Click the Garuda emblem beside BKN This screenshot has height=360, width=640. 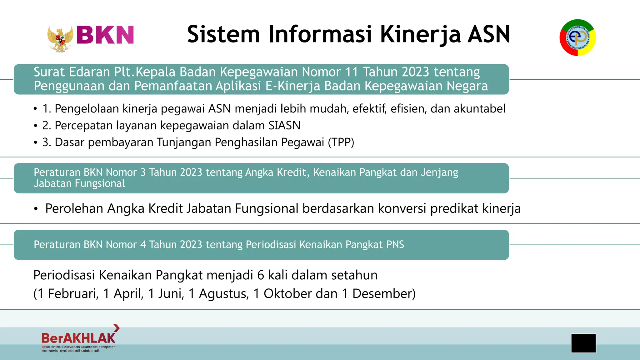(60, 38)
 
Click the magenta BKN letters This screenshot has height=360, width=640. (105, 35)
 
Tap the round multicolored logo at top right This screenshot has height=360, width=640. (577, 37)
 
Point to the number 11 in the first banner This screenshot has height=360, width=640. (351, 72)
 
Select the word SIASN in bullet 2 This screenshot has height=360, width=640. (284, 126)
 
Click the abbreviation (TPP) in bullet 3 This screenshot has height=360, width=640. (341, 142)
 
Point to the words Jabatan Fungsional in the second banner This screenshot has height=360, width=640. (79, 183)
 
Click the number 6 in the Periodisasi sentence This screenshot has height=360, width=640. (261, 275)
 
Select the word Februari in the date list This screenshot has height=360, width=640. (73, 294)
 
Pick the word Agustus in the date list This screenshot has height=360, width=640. (224, 294)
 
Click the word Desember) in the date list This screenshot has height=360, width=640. (384, 294)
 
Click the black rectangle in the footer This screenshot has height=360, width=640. (583, 343)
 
